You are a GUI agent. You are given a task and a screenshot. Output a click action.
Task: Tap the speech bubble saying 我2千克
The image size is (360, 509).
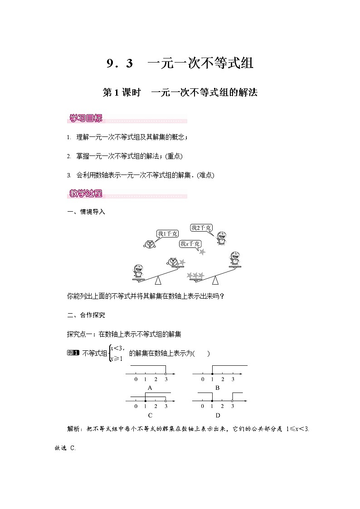[x=201, y=228]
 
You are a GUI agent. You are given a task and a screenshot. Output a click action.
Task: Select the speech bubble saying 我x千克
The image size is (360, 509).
[x=190, y=244]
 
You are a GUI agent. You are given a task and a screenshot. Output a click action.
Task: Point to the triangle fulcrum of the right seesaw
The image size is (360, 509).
[x=212, y=281]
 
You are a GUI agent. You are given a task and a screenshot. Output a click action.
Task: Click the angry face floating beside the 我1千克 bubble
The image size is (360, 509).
[x=149, y=244]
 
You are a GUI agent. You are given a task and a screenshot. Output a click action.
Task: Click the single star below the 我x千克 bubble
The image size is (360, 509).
[x=202, y=251]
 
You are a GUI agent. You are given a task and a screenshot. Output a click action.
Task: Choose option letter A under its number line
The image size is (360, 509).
[x=150, y=388]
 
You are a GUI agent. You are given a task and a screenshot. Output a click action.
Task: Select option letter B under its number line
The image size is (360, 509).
[x=217, y=388]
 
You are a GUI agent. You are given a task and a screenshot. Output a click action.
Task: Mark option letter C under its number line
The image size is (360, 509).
[x=150, y=415]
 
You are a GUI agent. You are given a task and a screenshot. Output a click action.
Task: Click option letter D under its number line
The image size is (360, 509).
[x=217, y=415]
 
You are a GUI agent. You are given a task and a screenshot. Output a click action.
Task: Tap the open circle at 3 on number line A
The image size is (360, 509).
[x=165, y=374]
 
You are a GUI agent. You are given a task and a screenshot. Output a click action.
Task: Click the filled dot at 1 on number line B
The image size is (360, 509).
[x=213, y=374]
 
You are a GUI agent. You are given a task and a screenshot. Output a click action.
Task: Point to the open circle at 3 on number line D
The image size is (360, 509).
[x=233, y=401]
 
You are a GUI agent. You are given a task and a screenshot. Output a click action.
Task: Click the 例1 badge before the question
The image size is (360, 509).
[x=73, y=353]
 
